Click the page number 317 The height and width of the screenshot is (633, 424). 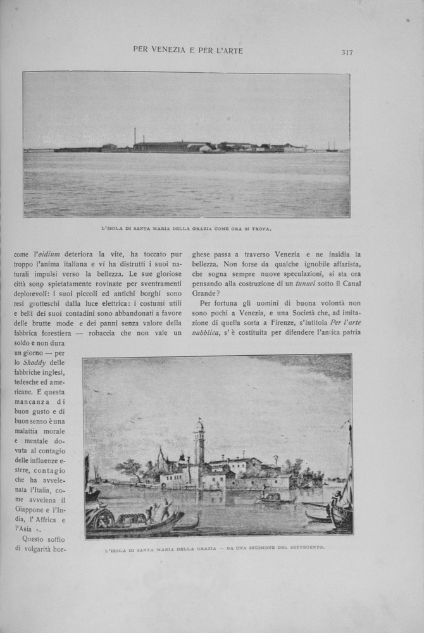click(x=347, y=52)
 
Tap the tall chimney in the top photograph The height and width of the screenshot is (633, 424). click(x=135, y=136)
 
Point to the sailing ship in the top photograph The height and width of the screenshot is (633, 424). click(x=332, y=147)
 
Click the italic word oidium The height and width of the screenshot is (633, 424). click(x=49, y=254)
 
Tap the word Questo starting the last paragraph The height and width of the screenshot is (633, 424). click(x=32, y=539)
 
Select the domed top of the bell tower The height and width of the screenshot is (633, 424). click(x=199, y=425)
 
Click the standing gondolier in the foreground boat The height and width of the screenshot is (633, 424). click(x=165, y=506)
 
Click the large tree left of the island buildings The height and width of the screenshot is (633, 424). click(x=131, y=469)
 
